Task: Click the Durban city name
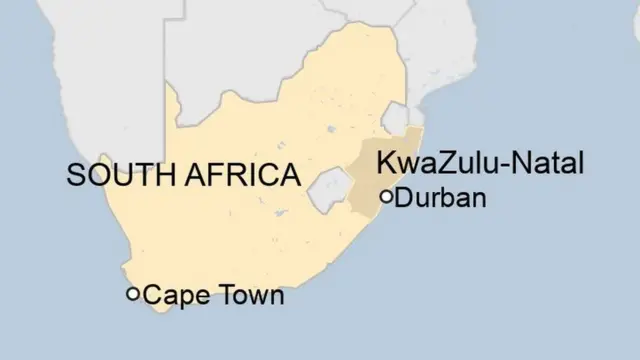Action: click(441, 198)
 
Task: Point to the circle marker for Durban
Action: click(387, 196)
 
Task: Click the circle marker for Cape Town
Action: click(132, 294)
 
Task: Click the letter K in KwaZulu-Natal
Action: click(383, 163)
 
